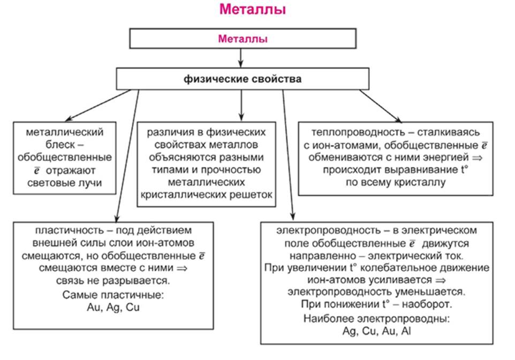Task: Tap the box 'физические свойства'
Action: point(243,80)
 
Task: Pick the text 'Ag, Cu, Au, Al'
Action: point(376,331)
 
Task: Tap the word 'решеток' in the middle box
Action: point(251,196)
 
